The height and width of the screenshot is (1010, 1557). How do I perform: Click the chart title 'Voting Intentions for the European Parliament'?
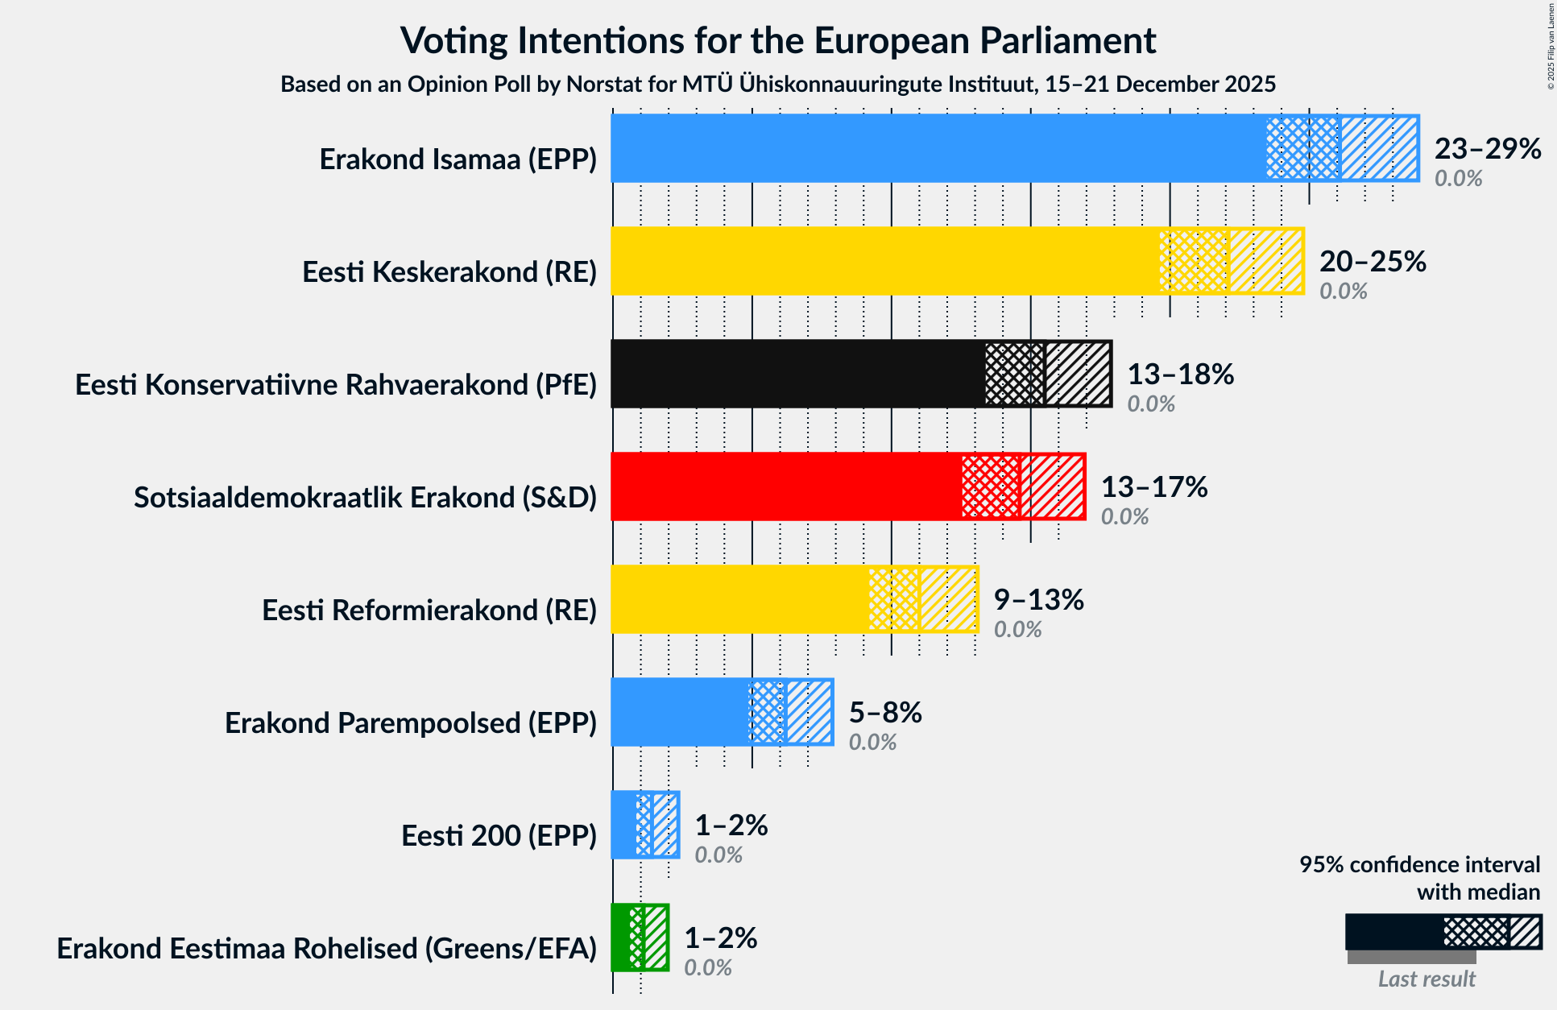778,41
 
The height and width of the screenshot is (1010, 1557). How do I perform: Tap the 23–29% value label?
1487,149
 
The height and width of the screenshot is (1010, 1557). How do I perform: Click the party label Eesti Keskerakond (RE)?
449,272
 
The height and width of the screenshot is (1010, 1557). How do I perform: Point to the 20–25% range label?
1372,262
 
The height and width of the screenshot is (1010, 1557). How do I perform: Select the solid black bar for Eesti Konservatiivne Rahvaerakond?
797,374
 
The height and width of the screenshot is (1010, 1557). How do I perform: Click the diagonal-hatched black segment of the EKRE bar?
1078,374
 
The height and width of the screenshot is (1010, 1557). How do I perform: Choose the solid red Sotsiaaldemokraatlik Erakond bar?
786,486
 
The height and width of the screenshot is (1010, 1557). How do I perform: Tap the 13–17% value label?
1153,487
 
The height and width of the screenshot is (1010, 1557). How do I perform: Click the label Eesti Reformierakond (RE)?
429,611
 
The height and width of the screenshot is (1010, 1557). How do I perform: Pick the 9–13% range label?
1038,600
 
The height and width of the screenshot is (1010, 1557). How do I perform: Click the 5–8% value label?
884,713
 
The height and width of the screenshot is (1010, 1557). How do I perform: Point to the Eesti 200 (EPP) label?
499,836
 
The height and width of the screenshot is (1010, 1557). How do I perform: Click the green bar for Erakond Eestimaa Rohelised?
621,938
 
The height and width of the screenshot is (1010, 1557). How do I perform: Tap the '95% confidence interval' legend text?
1418,865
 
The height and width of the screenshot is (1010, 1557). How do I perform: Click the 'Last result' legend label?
1426,979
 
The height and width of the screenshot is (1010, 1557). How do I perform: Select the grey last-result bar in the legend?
1411,958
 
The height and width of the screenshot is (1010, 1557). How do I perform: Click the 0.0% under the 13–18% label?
1150,404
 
